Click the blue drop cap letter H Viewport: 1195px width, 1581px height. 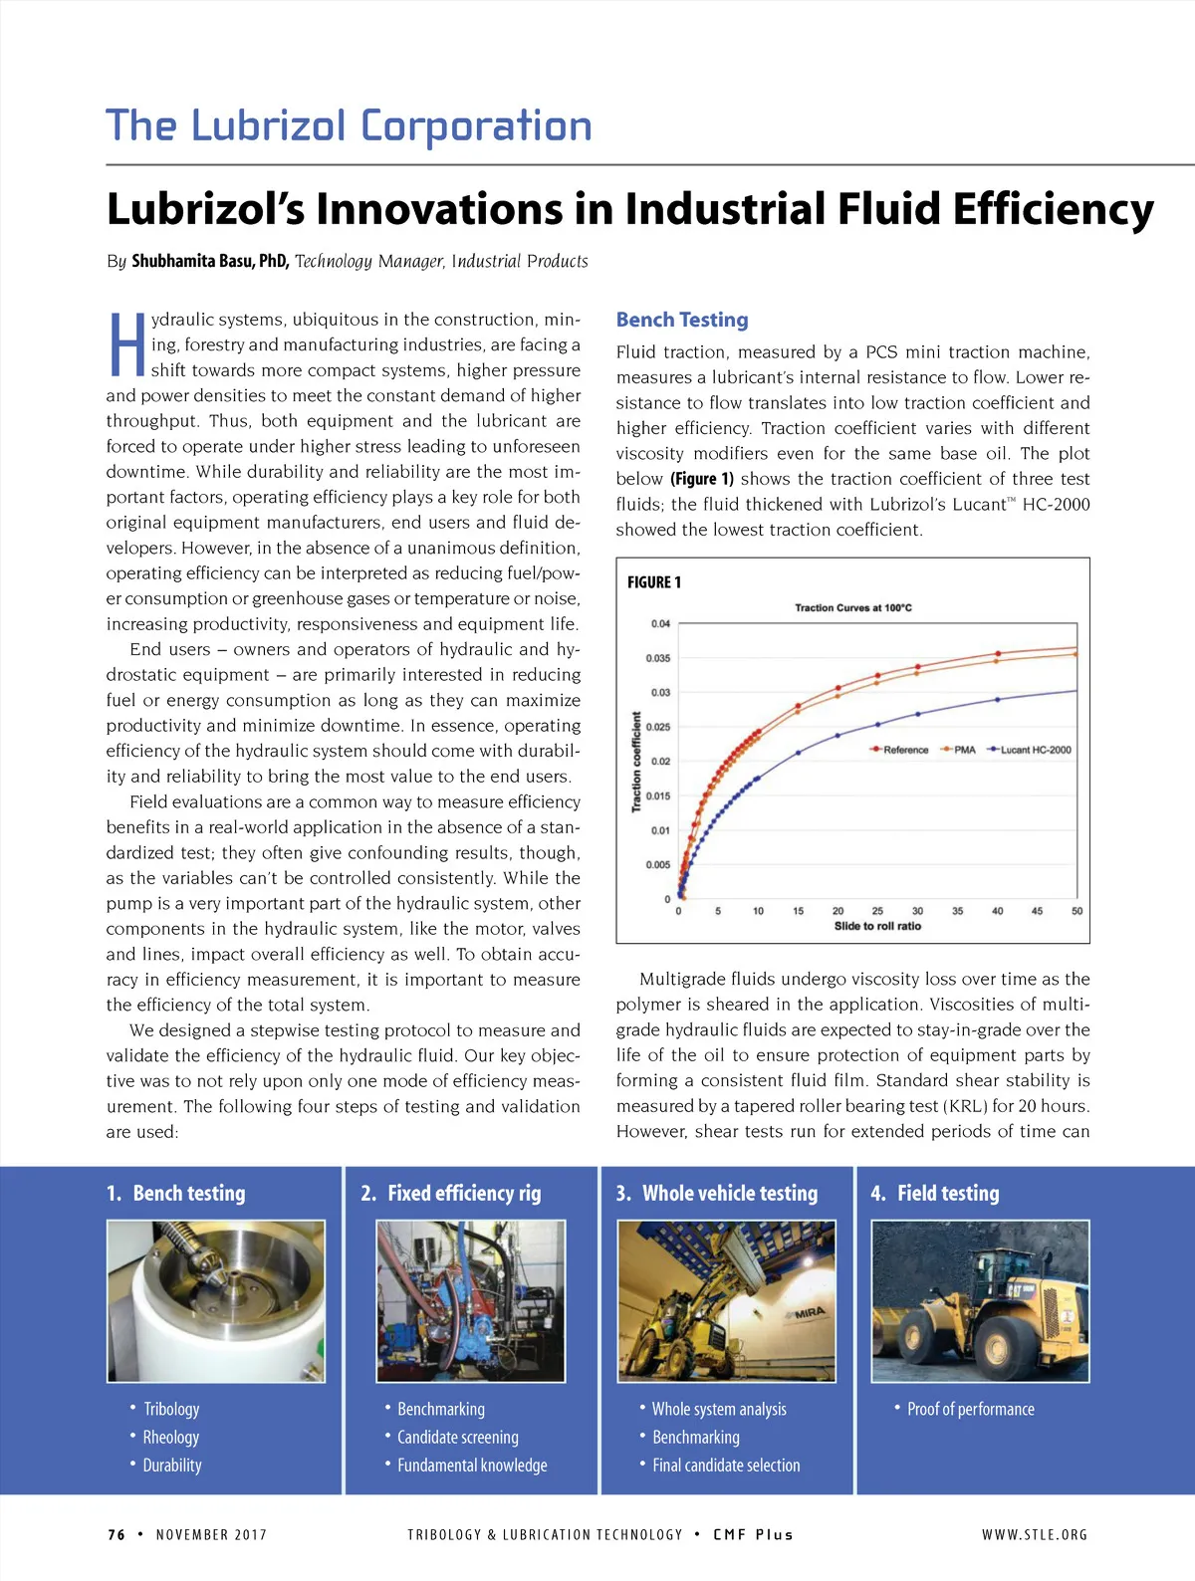pyautogui.click(x=126, y=344)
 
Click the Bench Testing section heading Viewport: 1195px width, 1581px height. pyautogui.click(x=682, y=320)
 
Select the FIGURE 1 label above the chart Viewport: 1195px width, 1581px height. pyautogui.click(x=654, y=582)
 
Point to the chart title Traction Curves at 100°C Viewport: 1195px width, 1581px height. pyautogui.click(x=852, y=607)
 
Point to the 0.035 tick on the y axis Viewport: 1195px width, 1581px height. pyautogui.click(x=658, y=658)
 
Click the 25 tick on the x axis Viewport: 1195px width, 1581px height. pyautogui.click(x=877, y=911)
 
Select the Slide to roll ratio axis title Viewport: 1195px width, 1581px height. pyautogui.click(x=877, y=926)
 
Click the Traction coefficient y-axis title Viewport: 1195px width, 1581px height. pyautogui.click(x=636, y=762)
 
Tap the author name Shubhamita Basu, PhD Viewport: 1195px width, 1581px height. pyautogui.click(x=210, y=261)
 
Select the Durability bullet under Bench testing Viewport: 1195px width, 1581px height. pyautogui.click(x=172, y=1465)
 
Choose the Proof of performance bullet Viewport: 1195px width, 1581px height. pyautogui.click(x=970, y=1409)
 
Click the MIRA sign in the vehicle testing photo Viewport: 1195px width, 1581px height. pyautogui.click(x=810, y=1313)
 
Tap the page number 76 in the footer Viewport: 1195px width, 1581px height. pyautogui.click(x=117, y=1534)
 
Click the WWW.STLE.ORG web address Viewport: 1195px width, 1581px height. pyautogui.click(x=1035, y=1534)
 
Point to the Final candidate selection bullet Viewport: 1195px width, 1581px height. pyautogui.click(x=726, y=1465)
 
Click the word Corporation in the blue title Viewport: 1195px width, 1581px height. pyautogui.click(x=476, y=126)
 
